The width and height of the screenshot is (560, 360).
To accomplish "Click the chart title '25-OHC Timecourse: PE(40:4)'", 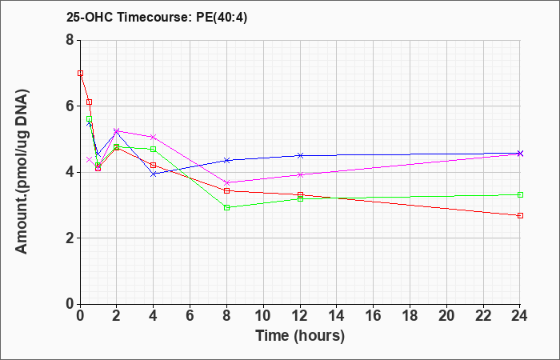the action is [157, 18].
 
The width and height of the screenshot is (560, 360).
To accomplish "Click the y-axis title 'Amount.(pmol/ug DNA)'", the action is [22, 171].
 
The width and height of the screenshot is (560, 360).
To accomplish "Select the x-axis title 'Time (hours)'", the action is [300, 336].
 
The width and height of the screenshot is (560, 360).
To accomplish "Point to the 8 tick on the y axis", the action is [70, 40].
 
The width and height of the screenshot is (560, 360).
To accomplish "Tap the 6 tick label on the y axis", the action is [70, 106].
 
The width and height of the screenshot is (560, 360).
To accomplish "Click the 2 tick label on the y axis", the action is [70, 238].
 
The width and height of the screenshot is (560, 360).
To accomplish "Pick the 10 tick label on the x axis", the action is [263, 316].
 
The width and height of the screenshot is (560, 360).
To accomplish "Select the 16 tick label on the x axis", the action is [374, 316].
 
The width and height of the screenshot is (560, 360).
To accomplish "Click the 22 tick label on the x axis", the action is [483, 316].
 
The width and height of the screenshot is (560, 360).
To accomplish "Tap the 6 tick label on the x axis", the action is [190, 316].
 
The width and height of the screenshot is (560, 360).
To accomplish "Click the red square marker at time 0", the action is [80, 74].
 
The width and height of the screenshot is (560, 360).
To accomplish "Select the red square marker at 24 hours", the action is [520, 216].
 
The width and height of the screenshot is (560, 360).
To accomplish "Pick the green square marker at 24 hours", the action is [520, 194].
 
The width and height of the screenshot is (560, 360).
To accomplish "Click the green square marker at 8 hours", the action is [226, 207].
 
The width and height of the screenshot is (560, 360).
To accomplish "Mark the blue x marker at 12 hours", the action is [300, 155].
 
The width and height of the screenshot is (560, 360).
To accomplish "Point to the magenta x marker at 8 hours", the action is [226, 183].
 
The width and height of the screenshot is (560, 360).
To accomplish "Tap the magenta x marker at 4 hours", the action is [154, 137].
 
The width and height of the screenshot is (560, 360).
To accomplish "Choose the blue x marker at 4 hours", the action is [154, 174].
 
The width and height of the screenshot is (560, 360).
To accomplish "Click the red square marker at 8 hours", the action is [226, 190].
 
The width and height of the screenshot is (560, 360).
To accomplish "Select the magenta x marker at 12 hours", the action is [300, 174].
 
